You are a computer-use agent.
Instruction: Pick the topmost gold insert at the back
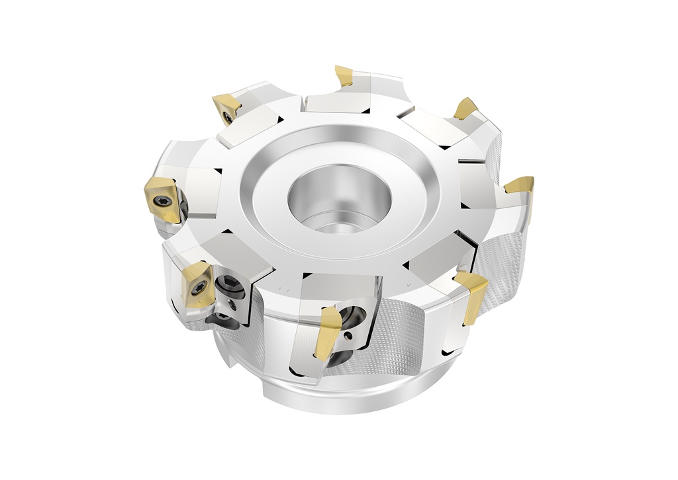pyautogui.click(x=344, y=76)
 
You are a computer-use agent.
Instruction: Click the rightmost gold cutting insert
pyautogui.click(x=520, y=184)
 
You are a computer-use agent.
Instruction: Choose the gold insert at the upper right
pyautogui.click(x=465, y=108)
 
